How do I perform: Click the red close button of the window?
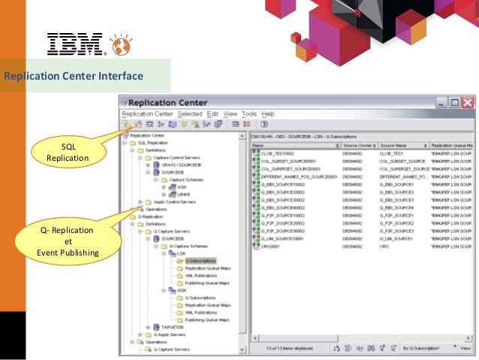467,103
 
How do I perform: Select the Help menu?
267,113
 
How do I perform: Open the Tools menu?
249,113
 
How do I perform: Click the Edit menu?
212,113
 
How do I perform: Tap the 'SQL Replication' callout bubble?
68,153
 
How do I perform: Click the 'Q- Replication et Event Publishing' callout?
68,241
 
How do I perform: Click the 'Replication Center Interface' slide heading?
74,76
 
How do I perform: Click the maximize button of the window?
453,103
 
